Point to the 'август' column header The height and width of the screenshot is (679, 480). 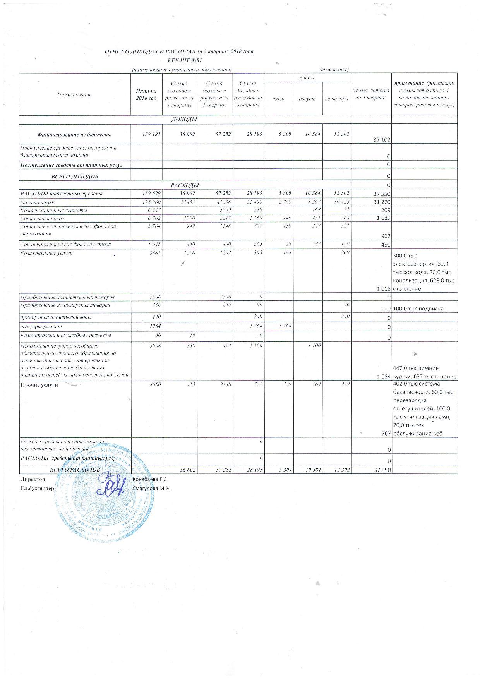point(307,99)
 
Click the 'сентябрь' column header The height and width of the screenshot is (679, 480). point(337,99)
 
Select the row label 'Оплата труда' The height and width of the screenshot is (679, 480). point(38,202)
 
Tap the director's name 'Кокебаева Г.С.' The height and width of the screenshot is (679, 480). point(150,479)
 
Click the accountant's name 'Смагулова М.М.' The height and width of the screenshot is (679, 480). point(152,488)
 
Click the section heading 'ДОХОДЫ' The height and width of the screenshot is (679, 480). point(184,119)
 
